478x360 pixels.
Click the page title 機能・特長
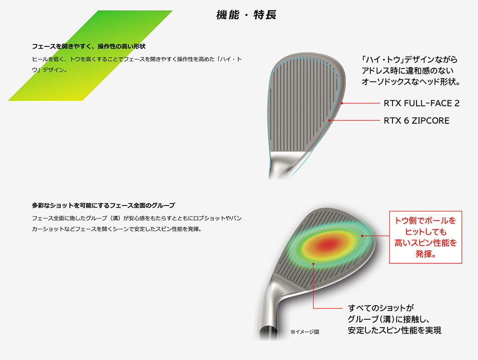tap(246, 15)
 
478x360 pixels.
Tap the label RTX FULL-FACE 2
tap(421, 103)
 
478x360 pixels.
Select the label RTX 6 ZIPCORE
tap(417, 121)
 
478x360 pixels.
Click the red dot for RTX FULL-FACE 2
tap(342, 103)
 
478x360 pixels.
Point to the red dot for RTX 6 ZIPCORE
tap(329, 121)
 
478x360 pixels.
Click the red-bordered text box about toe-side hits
tap(426, 237)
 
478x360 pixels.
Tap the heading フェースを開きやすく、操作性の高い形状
tap(89, 46)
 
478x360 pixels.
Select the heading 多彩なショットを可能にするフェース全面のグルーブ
tap(104, 205)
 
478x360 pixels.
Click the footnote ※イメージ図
tap(305, 331)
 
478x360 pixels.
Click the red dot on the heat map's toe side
tap(362, 235)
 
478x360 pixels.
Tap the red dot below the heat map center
tap(313, 264)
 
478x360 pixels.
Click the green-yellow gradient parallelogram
tap(90, 55)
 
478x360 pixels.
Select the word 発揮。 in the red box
tap(426, 254)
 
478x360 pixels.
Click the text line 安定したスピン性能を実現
tap(395, 330)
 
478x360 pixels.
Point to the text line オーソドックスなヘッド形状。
tap(411, 81)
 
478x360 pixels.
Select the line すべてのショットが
tap(381, 308)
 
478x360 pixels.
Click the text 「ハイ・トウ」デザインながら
tap(410, 59)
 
